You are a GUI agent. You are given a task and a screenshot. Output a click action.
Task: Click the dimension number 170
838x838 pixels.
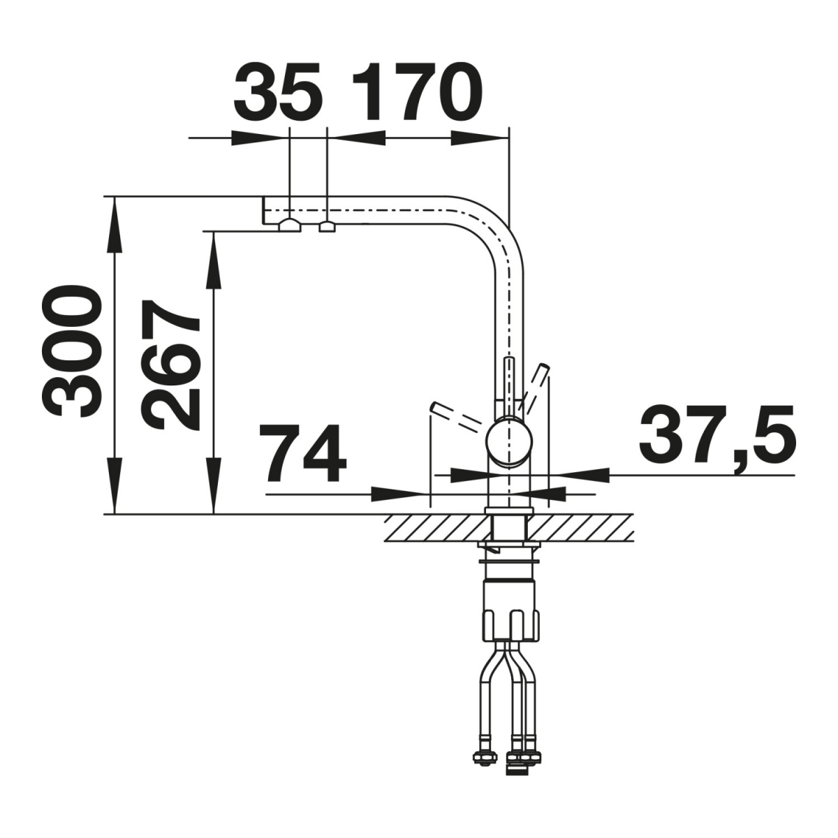tap(418, 93)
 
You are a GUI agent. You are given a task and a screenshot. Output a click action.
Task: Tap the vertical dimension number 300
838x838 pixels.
tap(71, 352)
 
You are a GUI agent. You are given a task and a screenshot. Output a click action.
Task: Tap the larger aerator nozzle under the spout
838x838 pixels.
tap(289, 226)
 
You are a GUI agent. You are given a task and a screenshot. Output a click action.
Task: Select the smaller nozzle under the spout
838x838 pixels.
tap(327, 226)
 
